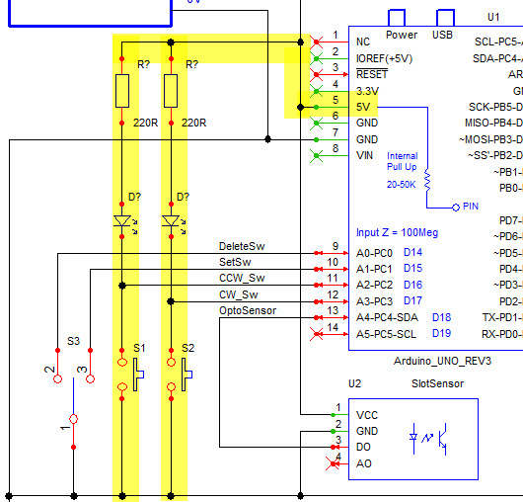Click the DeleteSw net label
click(241, 246)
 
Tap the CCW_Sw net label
click(241, 278)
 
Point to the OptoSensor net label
click(248, 310)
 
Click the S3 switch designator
click(73, 340)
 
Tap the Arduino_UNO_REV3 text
click(441, 362)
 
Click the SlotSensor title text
click(436, 383)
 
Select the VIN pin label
click(363, 155)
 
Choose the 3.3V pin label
click(367, 90)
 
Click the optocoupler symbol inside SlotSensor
click(430, 438)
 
